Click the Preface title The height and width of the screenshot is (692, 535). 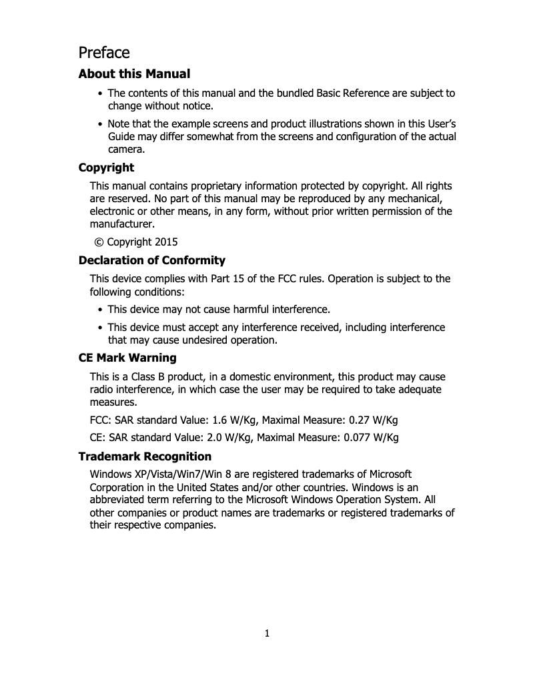click(104, 52)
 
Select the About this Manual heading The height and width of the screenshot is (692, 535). click(134, 74)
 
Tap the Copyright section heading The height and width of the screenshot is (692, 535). click(106, 167)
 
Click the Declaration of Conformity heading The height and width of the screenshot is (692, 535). click(152, 260)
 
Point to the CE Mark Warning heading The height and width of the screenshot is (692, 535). click(127, 358)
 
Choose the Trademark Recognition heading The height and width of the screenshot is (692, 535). click(145, 456)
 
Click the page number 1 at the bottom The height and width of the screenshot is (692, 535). click(267, 633)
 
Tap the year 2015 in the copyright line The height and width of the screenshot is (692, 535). click(166, 242)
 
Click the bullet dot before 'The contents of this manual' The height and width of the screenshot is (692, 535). click(100, 93)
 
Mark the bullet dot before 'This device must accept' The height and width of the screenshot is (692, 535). click(100, 328)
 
